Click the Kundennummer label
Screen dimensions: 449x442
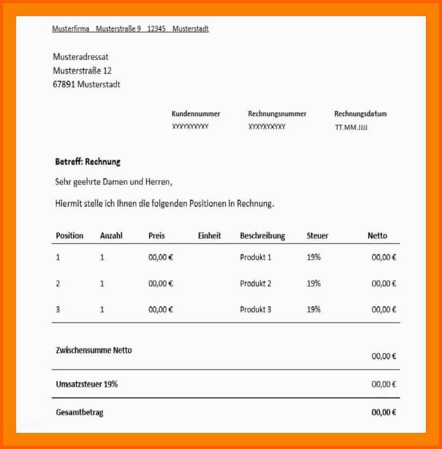point(195,114)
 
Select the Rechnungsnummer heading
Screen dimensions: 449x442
point(277,114)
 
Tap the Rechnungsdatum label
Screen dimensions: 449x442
point(360,114)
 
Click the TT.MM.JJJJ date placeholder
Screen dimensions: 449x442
point(351,128)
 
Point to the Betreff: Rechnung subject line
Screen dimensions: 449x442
point(88,162)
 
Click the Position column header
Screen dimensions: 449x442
point(69,236)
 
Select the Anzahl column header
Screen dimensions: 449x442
point(111,236)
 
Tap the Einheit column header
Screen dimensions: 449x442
point(209,236)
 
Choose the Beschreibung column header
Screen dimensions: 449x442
point(262,236)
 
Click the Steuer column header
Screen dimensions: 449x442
point(317,236)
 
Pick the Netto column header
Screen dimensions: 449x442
point(377,236)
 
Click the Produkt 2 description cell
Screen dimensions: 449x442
point(255,284)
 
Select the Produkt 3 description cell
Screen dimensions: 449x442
point(255,310)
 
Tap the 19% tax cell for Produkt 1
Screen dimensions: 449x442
point(313,257)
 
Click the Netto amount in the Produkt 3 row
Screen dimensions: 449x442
point(383,310)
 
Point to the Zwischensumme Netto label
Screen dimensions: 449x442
point(94,350)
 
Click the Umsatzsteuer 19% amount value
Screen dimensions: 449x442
point(383,384)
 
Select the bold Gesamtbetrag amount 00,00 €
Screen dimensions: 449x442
point(383,413)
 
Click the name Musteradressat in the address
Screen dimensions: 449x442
point(81,57)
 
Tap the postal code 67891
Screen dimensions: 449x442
point(64,85)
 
